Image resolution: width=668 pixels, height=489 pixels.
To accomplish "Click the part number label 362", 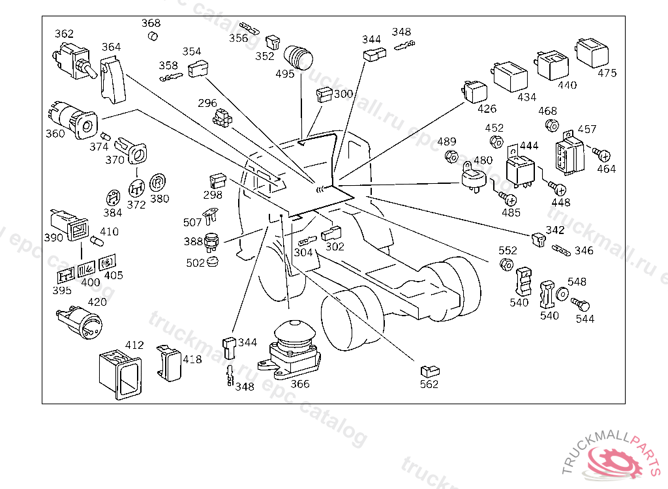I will click(64, 34).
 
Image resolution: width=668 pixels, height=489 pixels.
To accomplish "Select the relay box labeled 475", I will click(589, 52).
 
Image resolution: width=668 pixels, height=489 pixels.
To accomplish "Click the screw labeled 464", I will click(603, 155).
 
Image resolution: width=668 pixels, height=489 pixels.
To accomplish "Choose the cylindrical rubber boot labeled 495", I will click(299, 56).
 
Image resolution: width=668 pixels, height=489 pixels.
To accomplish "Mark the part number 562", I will click(429, 384).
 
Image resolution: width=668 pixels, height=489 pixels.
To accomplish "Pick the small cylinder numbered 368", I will click(153, 35).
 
